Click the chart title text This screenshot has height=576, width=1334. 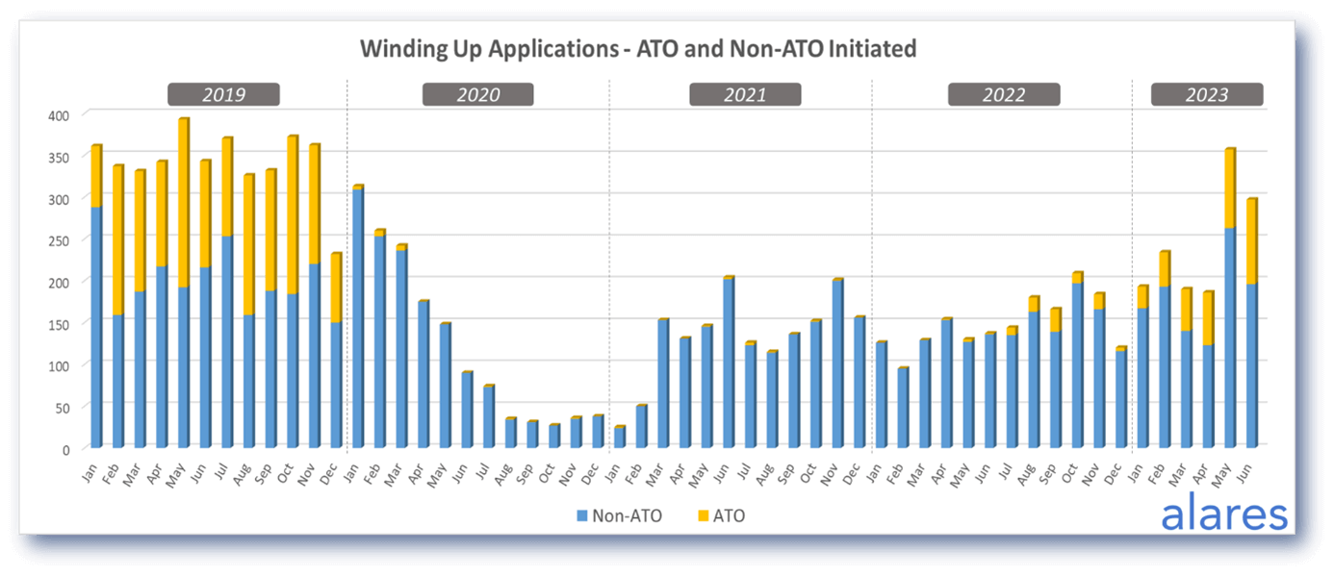tap(638, 49)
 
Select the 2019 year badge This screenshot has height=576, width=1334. tap(223, 94)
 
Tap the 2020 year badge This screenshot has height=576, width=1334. tap(477, 94)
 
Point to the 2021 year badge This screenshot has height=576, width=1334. tap(745, 94)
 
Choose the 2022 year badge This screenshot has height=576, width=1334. tap(1003, 94)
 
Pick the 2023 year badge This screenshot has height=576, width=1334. tap(1207, 94)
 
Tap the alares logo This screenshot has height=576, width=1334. tap(1223, 514)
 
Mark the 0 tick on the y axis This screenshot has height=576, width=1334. tap(65, 449)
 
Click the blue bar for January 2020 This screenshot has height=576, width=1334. tap(357, 317)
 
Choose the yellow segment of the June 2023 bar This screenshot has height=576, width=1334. tap(1251, 241)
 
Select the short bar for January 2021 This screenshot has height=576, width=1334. tap(619, 438)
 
